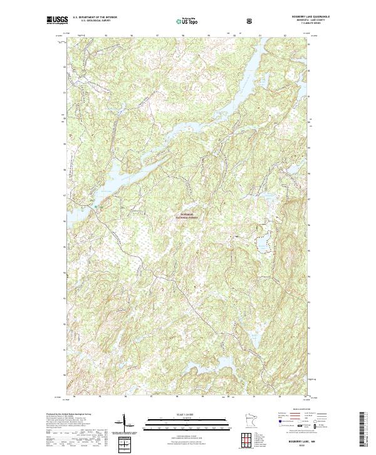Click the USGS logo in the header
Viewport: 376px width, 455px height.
coord(57,19)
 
